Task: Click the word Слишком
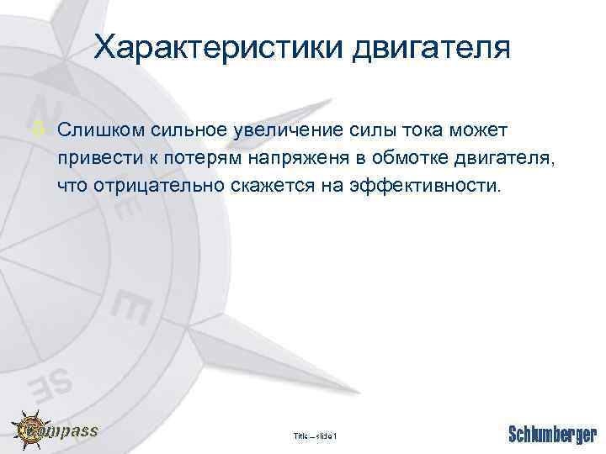(97, 131)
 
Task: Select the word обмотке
(412, 158)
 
